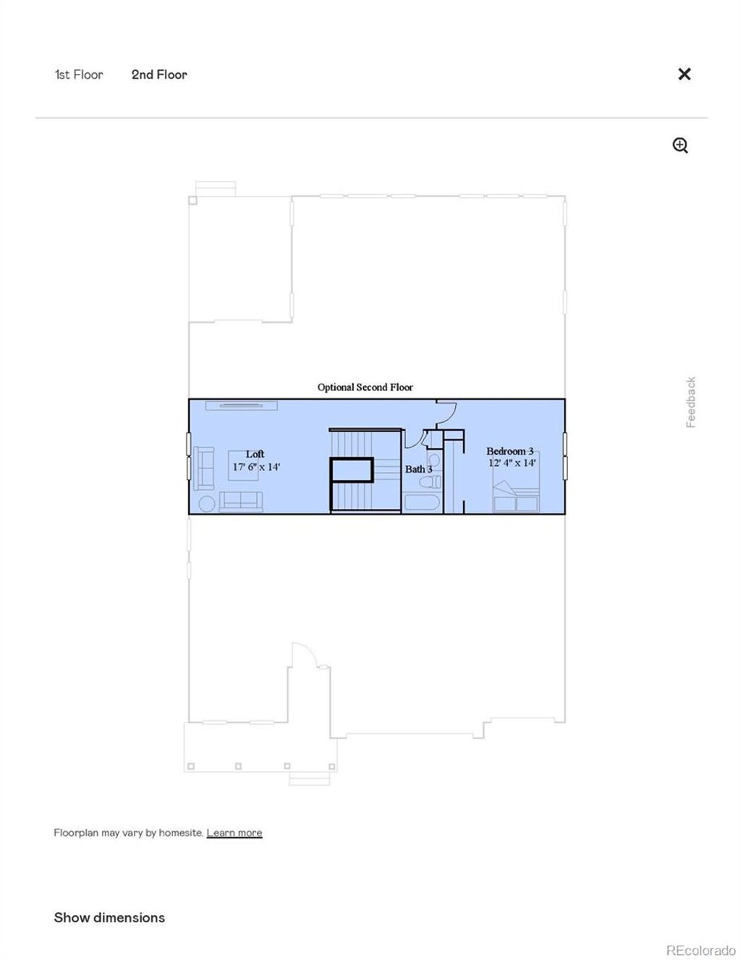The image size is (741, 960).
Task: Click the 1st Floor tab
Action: (79, 75)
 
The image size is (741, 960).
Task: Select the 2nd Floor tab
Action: (159, 75)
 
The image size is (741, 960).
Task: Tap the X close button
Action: (684, 74)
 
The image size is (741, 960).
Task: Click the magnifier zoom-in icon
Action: (680, 146)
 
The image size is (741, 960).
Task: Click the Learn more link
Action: (234, 833)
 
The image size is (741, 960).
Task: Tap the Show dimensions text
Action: (109, 917)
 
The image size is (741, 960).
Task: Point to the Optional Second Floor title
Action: (365, 387)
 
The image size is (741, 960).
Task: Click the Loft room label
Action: (255, 454)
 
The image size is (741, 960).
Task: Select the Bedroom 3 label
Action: (509, 451)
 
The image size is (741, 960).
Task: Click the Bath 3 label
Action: (418, 469)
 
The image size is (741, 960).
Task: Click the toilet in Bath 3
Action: (433, 481)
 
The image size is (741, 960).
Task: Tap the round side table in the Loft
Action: (207, 503)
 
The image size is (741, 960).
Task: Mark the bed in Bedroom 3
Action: (516, 496)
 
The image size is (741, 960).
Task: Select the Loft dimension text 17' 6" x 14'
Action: (256, 467)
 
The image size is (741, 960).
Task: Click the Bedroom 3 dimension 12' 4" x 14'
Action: (512, 463)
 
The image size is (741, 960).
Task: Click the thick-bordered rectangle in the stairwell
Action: (352, 470)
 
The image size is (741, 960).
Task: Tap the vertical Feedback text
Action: (691, 402)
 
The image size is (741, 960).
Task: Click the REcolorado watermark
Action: (700, 951)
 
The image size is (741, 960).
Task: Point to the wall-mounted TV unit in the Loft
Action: (242, 405)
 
